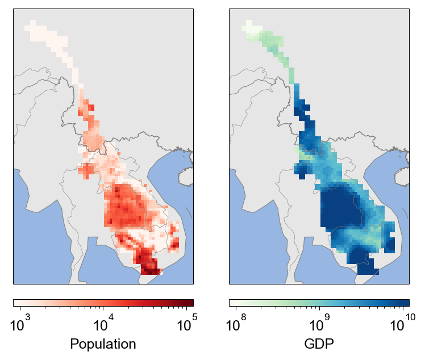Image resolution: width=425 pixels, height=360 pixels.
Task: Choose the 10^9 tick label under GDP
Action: [x=319, y=325]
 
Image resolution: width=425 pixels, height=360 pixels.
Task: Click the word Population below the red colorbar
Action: [x=103, y=344]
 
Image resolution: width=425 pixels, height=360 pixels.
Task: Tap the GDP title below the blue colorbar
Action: [x=319, y=344]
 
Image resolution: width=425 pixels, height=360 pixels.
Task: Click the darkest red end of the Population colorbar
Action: [x=191, y=303]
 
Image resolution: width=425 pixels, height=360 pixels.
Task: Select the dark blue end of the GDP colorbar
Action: [x=406, y=303]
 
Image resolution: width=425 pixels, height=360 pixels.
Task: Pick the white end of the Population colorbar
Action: [x=16, y=303]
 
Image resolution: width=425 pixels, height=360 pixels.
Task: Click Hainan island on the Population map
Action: [x=187, y=176]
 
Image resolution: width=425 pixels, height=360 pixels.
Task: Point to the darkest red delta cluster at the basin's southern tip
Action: [x=149, y=266]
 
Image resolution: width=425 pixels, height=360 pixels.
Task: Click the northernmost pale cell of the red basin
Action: [x=32, y=23]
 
